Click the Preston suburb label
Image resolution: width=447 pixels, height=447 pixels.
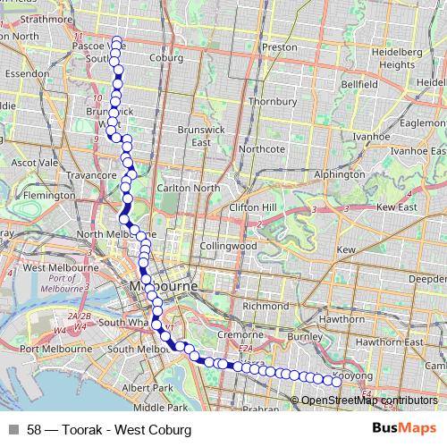point(280,47)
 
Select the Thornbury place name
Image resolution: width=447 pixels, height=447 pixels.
point(271,102)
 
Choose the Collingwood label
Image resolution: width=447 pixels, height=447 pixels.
point(228,245)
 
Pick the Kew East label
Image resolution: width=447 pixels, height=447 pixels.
point(398,207)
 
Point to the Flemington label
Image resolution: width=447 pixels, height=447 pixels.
point(49,195)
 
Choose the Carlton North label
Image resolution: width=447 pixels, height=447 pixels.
point(188,188)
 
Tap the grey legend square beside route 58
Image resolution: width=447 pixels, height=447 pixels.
point(13,430)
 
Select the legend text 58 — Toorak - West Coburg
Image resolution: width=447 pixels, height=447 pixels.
point(109,430)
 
